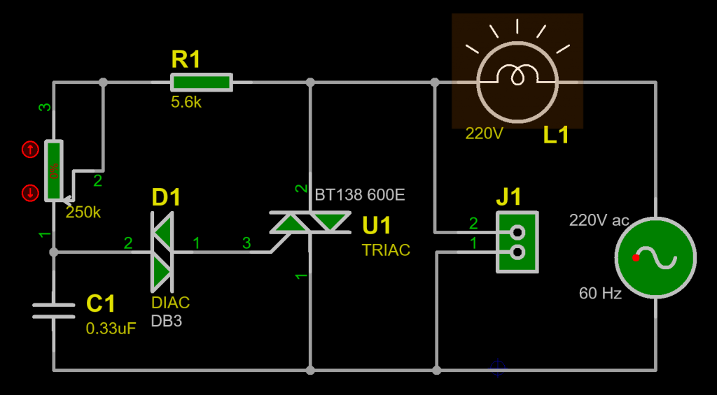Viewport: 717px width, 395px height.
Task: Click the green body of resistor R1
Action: [201, 82]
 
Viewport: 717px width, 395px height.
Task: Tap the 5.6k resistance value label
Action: [186, 102]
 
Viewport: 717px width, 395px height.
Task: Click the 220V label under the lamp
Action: [485, 133]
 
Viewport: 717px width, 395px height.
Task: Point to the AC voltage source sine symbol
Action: [655, 259]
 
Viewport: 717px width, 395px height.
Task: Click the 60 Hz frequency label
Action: [600, 294]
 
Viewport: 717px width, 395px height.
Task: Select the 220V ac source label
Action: [599, 220]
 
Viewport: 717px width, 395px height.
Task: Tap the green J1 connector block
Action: [518, 242]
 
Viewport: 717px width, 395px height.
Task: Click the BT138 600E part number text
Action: [360, 194]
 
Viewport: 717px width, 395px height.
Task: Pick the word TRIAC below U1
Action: [386, 250]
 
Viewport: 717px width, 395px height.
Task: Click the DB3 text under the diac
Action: [167, 321]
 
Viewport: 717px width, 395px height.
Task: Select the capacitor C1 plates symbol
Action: [54, 310]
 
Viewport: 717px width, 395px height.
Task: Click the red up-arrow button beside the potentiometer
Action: [30, 149]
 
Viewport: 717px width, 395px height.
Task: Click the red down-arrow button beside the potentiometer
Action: [30, 193]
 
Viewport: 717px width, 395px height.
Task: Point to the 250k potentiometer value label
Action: [83, 213]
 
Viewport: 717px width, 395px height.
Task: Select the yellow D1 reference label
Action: [167, 198]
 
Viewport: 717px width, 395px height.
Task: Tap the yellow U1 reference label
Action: [377, 226]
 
